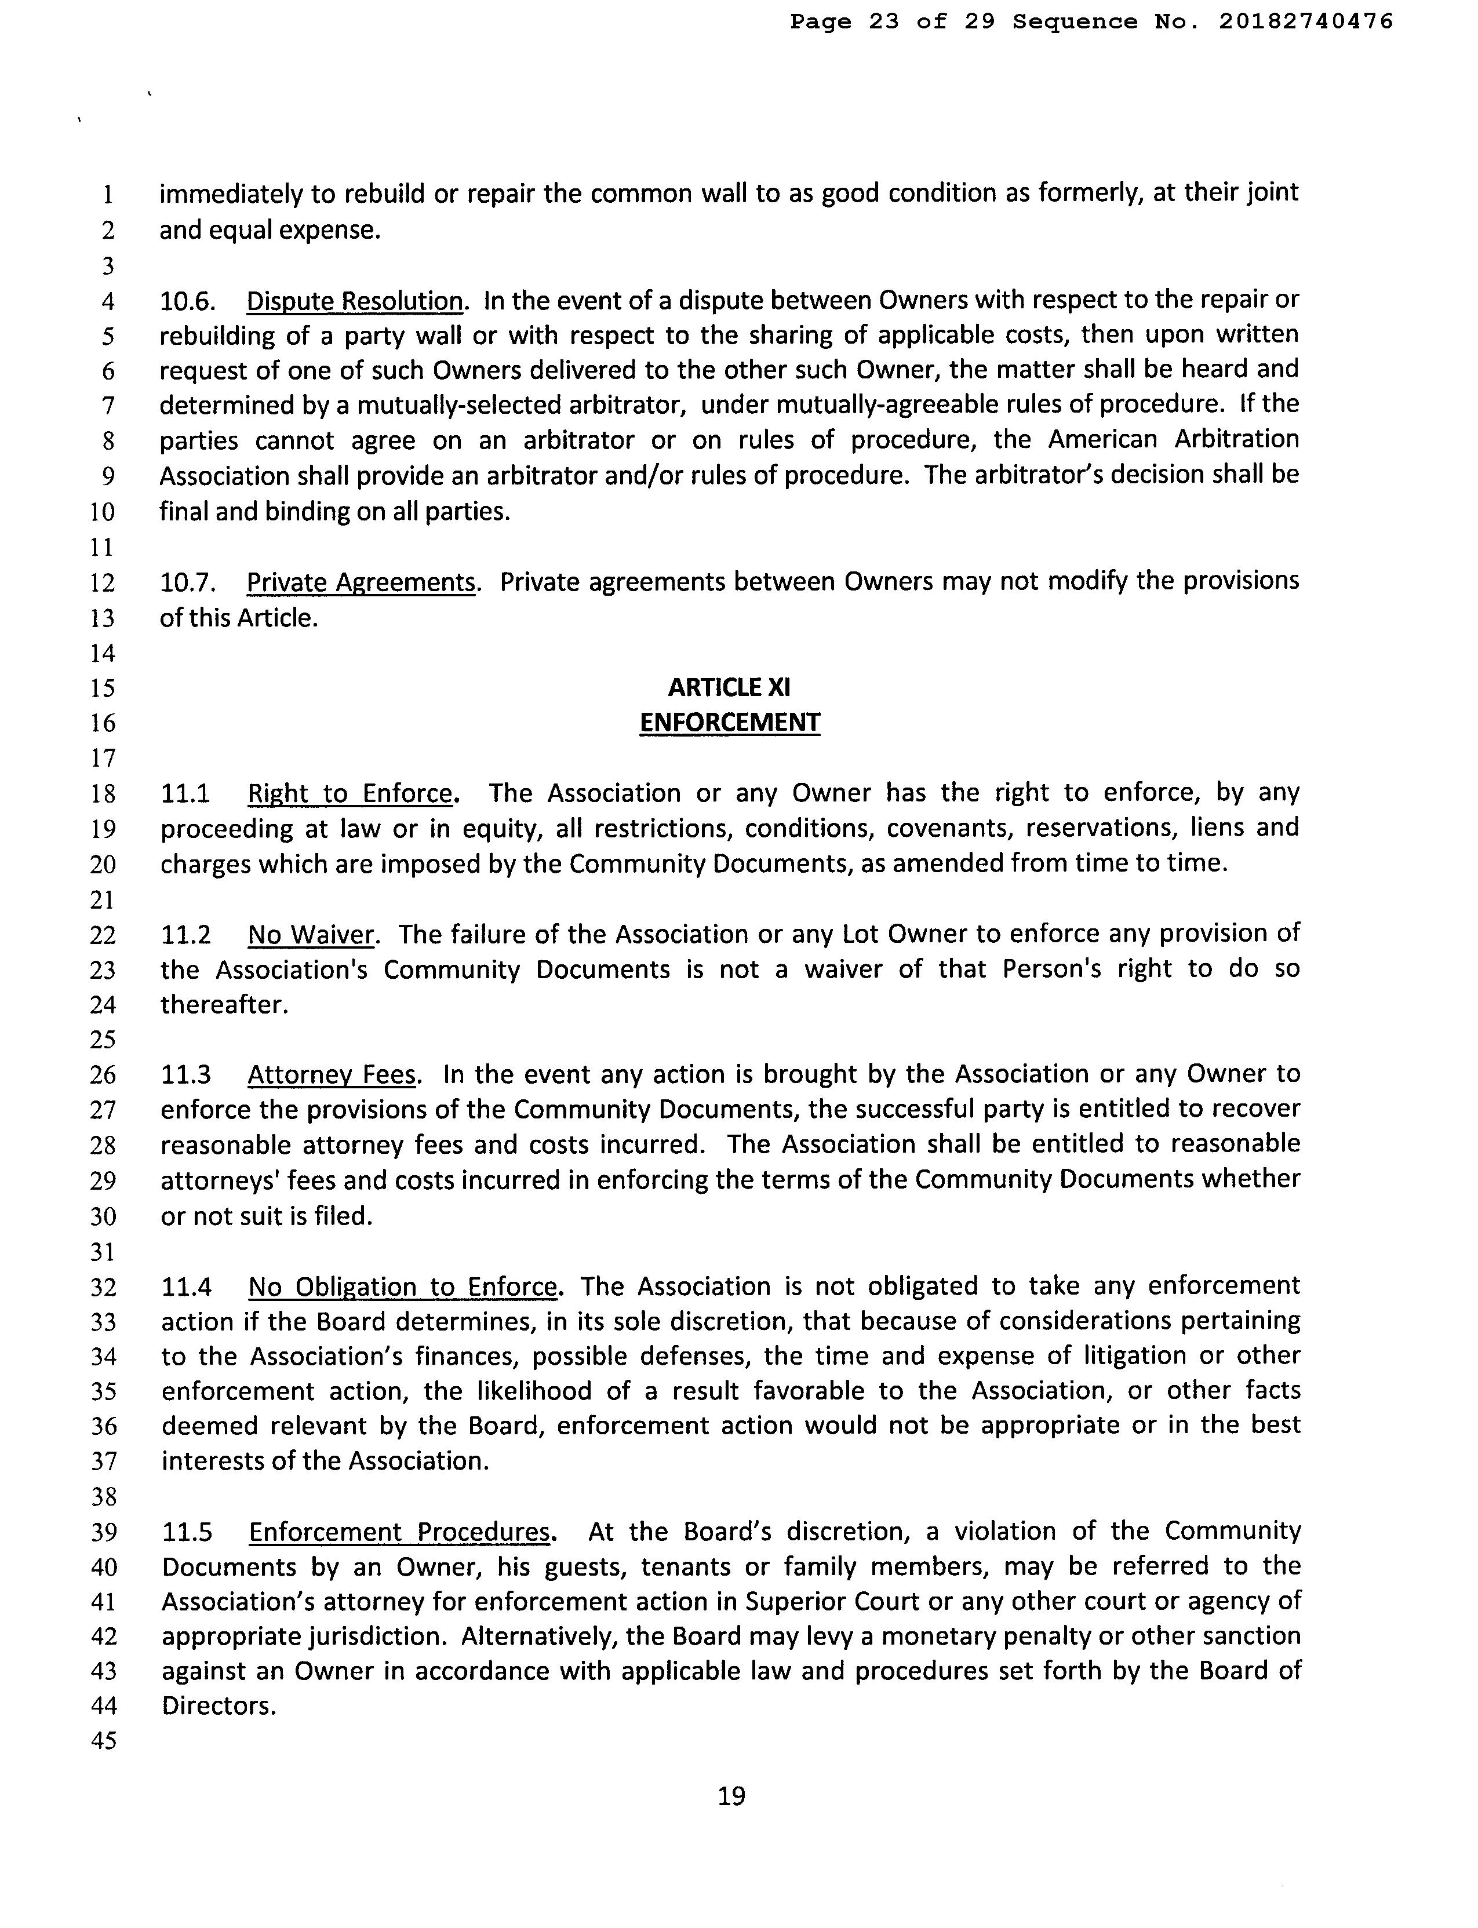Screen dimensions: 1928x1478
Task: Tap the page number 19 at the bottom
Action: click(x=731, y=1795)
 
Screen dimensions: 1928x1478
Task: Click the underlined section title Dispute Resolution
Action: click(x=355, y=301)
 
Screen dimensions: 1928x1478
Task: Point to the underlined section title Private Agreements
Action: click(x=361, y=582)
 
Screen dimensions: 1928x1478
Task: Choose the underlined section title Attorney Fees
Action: click(x=332, y=1075)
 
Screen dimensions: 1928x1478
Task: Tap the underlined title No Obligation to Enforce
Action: click(x=402, y=1287)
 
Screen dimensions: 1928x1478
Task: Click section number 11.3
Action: click(x=187, y=1075)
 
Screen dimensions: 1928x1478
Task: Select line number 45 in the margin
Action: click(x=103, y=1741)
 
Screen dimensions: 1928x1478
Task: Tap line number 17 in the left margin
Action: click(x=103, y=757)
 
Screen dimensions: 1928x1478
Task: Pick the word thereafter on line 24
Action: click(x=224, y=1004)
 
